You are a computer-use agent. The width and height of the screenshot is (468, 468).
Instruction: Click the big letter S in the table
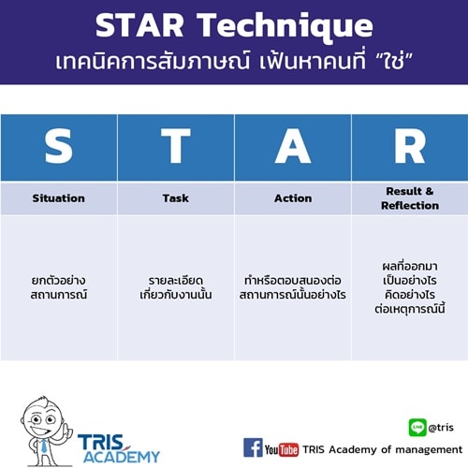[58, 148]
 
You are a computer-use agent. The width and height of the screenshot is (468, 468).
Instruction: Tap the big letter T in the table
[175, 148]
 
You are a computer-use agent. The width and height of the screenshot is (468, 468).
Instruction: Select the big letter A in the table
[292, 148]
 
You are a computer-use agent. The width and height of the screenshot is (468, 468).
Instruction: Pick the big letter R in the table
[409, 148]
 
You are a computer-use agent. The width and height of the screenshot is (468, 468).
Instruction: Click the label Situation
[58, 198]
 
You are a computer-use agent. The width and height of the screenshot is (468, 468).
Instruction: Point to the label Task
[175, 198]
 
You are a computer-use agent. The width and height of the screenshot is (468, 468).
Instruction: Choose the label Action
[293, 198]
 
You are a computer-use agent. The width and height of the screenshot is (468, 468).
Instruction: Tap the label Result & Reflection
[410, 198]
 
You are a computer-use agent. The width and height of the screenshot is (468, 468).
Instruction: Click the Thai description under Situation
[58, 286]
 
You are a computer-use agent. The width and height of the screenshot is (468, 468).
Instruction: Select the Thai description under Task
[175, 286]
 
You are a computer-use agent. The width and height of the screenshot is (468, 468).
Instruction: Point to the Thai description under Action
[293, 286]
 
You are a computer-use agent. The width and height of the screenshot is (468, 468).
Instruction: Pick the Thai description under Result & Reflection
[410, 285]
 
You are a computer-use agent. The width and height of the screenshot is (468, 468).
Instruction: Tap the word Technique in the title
[291, 26]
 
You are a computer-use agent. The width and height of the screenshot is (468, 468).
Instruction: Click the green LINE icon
[417, 428]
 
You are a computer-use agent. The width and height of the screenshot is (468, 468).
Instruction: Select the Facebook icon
[253, 447]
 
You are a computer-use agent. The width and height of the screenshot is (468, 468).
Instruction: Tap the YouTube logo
[282, 448]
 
